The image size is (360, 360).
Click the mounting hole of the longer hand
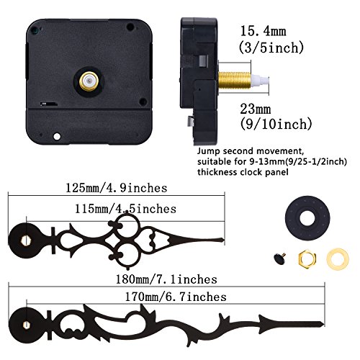point(27,319)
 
